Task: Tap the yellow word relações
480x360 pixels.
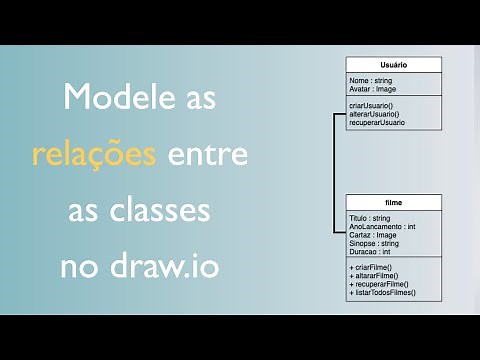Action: click(93, 156)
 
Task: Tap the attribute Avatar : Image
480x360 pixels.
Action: click(373, 88)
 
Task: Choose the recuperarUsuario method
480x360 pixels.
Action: click(377, 122)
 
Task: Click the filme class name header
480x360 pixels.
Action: click(394, 202)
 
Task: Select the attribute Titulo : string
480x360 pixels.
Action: click(369, 217)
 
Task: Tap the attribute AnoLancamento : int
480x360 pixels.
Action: click(382, 226)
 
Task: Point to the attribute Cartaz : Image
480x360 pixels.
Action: click(372, 235)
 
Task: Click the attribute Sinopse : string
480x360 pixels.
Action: click(374, 243)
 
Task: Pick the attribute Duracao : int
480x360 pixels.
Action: click(370, 252)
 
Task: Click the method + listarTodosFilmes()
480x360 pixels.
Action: click(382, 293)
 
